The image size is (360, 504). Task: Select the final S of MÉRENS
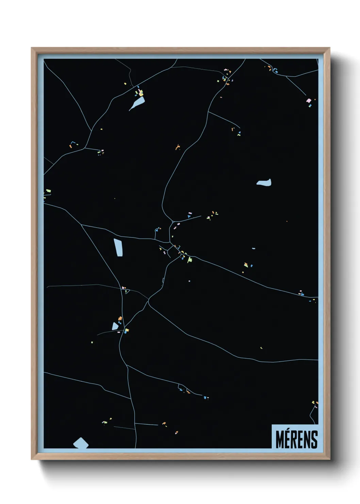click(314, 440)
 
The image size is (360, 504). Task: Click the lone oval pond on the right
click(264, 183)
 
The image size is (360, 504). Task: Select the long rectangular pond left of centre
click(118, 248)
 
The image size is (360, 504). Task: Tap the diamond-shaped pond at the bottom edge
click(81, 443)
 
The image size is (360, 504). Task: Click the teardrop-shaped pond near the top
click(137, 103)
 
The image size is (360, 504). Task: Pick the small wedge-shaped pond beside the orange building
click(115, 326)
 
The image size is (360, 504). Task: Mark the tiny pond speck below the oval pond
click(253, 249)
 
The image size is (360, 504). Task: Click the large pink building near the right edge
click(309, 101)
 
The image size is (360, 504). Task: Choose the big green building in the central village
click(190, 260)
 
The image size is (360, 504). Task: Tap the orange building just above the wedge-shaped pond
click(120, 319)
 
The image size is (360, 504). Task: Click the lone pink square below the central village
click(189, 281)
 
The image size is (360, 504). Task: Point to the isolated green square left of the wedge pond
click(92, 342)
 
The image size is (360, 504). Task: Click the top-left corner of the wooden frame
click(32, 48)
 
